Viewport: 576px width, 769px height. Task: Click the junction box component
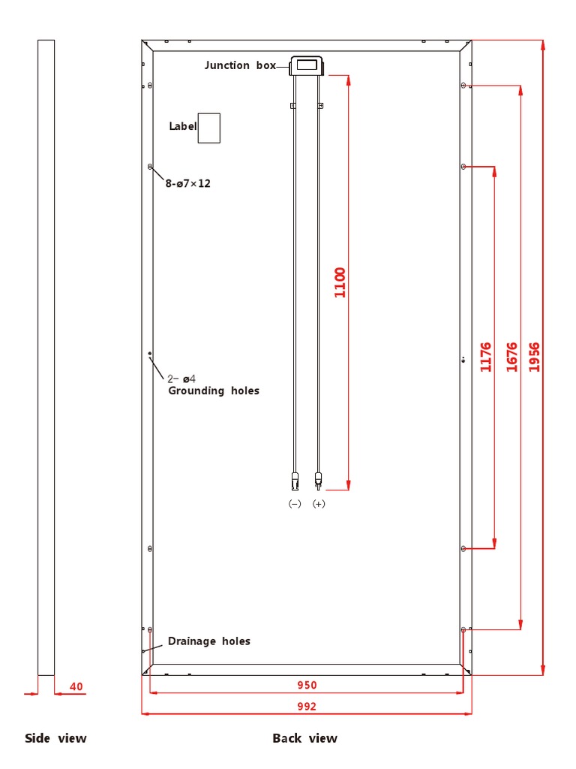pos(307,66)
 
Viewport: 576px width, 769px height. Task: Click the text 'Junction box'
pos(240,65)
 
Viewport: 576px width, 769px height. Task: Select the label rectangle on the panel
pos(208,128)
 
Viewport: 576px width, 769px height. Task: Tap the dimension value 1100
pos(340,282)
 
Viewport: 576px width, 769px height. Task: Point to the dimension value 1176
pos(485,357)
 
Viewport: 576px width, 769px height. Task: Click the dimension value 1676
pos(511,357)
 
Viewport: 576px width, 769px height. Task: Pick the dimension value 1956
pos(534,357)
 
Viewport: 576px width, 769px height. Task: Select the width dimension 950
pos(307,685)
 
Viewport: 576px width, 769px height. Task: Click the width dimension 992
pos(307,707)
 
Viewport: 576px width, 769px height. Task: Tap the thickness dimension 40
pos(76,686)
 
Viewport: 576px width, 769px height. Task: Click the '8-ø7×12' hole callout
pos(187,183)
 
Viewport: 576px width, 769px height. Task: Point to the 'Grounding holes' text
pos(213,391)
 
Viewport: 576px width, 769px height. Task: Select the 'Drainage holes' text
pos(208,641)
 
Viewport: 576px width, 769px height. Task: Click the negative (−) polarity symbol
pos(295,504)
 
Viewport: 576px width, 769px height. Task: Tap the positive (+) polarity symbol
pos(319,504)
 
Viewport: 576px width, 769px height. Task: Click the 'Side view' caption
pos(55,738)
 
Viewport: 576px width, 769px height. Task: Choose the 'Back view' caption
pos(304,738)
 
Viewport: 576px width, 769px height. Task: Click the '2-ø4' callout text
pos(181,378)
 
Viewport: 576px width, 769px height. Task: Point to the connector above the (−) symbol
pos(295,480)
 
